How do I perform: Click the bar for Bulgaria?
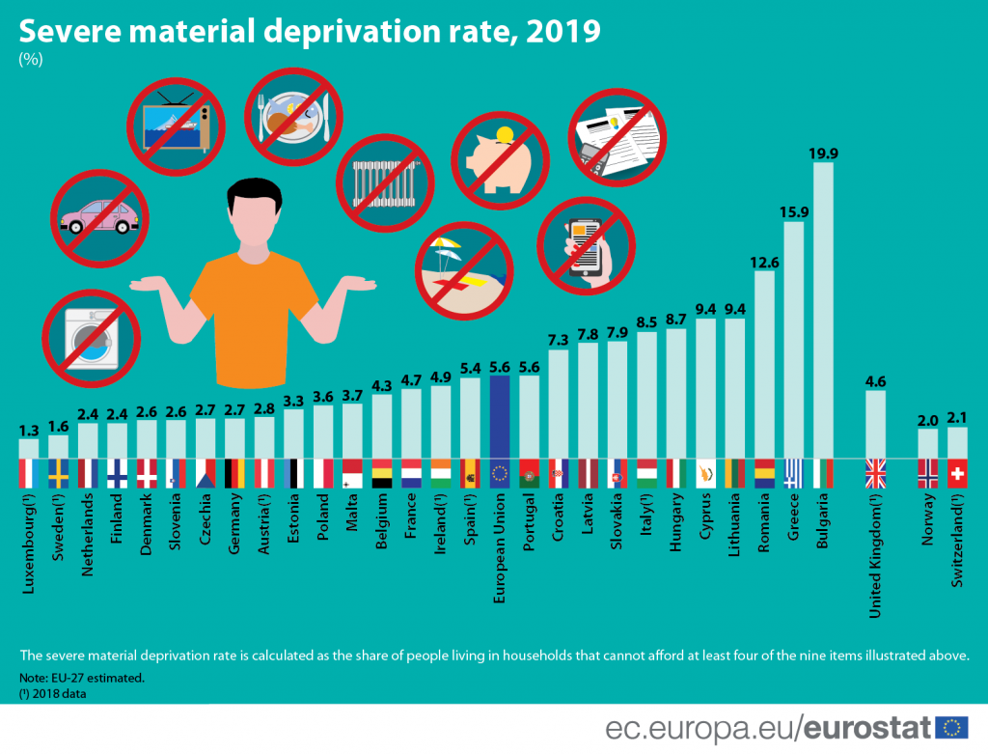coord(823,309)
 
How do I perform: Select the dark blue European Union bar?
coord(500,416)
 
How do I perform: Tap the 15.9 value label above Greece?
coord(793,211)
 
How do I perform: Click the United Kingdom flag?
coord(875,473)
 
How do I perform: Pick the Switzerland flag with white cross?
coord(957,473)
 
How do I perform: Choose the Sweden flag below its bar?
coord(59,473)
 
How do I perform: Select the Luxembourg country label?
coord(30,542)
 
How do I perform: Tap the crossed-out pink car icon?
coord(100,218)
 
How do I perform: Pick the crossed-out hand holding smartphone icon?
coord(586,242)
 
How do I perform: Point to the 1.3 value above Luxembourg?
coord(29,430)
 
